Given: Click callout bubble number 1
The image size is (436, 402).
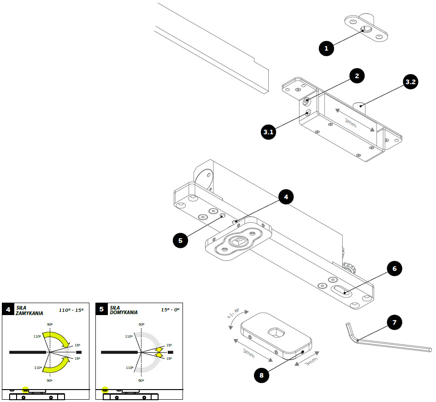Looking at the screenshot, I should click(x=326, y=48).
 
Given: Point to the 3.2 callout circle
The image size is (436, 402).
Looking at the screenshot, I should click(x=411, y=82).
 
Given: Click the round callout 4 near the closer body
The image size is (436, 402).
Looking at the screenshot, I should click(x=286, y=196).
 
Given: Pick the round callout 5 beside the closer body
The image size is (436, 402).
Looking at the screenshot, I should click(x=180, y=240).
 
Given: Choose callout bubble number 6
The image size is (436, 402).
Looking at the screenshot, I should click(x=394, y=269).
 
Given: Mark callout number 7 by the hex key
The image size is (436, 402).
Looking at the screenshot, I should click(x=394, y=322).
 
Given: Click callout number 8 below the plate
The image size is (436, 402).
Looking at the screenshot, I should click(x=262, y=375).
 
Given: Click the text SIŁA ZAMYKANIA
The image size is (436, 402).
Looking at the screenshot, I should click(x=29, y=310).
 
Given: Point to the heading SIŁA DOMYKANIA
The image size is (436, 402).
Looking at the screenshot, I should click(x=124, y=310).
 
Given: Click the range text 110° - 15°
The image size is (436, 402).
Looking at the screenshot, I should click(x=71, y=310).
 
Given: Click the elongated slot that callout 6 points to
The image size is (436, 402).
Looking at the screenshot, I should click(x=342, y=291).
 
